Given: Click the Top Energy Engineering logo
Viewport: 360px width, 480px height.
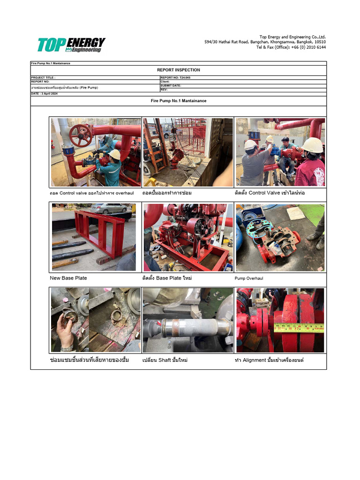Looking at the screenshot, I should click(71, 45).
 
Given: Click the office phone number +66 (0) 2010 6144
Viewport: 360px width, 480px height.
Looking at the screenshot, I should click(308, 47).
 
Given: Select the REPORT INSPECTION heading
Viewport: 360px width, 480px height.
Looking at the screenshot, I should click(178, 70).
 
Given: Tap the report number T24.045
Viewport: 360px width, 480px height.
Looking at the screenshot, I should click(182, 78).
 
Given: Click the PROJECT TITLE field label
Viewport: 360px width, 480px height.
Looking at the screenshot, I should click(43, 78).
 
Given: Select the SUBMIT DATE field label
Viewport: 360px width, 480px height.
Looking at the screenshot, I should click(171, 86).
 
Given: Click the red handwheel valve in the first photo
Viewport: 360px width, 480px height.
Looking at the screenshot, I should click(80, 135).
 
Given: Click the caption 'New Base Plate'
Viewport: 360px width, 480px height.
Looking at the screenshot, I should click(68, 278).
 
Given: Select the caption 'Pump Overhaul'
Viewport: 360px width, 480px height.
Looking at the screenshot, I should click(249, 278).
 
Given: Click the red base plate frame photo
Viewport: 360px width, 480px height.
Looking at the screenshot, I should click(94, 237).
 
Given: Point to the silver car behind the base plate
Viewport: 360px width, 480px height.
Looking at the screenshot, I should click(109, 208).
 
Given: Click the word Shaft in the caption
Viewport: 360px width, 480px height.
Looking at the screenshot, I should click(165, 360).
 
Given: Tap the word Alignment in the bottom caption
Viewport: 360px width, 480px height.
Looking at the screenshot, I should click(255, 360).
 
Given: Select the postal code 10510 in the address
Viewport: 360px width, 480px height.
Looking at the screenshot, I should click(320, 42).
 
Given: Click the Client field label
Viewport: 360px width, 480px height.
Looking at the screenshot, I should click(165, 82).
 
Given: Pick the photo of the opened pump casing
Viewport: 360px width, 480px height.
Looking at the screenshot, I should click(280, 237).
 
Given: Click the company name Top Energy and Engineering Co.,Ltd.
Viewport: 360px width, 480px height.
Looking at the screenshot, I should click(292, 37).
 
